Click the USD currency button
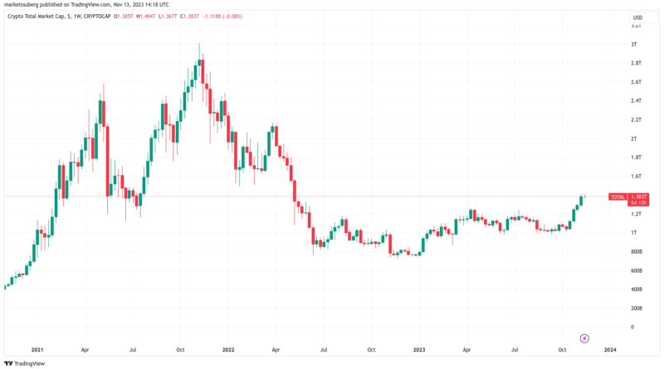click(637, 17)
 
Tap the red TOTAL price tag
click(618, 197)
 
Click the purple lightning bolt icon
click(584, 338)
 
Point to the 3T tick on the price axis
click(633, 43)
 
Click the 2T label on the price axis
click(633, 138)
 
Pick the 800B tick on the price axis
click(635, 251)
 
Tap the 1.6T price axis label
click(635, 176)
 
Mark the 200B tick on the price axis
click(635, 308)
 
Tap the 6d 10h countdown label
click(638, 202)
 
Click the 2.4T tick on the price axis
click(635, 100)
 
